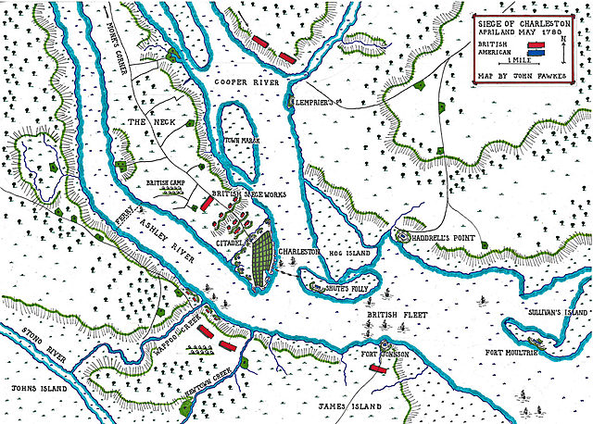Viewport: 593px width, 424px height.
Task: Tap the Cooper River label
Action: [246, 82]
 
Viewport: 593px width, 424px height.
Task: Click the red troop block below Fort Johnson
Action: [378, 368]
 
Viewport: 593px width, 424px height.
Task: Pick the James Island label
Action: [344, 405]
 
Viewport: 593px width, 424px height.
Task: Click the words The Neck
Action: [150, 123]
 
